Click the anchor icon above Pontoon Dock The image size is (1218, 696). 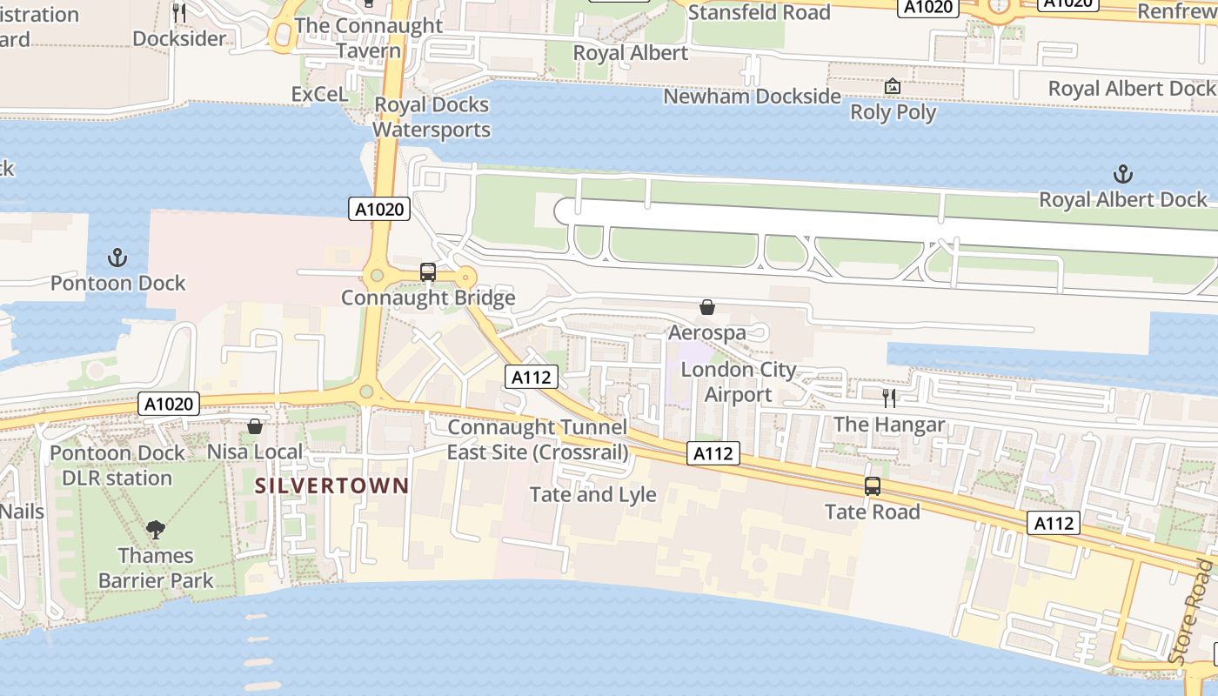click(x=117, y=258)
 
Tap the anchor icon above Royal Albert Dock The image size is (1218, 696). click(x=1123, y=174)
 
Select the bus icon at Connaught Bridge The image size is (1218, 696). click(x=427, y=272)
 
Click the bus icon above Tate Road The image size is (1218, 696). click(x=872, y=486)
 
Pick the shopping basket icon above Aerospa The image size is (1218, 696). click(x=706, y=307)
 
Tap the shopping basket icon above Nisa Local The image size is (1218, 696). click(x=255, y=426)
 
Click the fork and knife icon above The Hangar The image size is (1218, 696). click(x=888, y=398)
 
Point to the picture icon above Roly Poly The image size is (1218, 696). click(x=892, y=86)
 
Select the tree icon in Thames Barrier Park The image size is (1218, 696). click(x=156, y=529)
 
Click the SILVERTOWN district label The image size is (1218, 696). click(x=331, y=485)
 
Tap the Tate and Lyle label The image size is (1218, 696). click(x=592, y=494)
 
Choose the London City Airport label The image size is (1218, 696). click(x=738, y=382)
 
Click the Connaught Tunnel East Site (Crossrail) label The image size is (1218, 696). click(x=537, y=439)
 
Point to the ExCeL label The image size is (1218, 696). click(x=318, y=94)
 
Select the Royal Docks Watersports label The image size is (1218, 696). click(x=432, y=117)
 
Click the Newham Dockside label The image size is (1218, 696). click(x=752, y=96)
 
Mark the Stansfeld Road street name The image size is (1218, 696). click(x=759, y=12)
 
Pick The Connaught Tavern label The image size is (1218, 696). click(x=369, y=37)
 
